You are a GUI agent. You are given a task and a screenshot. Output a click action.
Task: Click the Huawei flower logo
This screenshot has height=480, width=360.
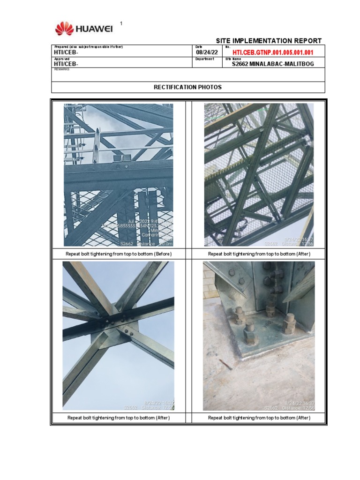(x=64, y=29)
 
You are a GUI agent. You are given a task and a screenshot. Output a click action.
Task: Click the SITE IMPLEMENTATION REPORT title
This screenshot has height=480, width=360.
(x=269, y=41)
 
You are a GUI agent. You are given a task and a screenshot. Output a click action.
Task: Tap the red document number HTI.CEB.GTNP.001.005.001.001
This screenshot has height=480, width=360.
(x=273, y=52)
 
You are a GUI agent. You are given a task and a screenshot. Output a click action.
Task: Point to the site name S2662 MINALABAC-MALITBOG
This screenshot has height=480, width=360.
(x=273, y=64)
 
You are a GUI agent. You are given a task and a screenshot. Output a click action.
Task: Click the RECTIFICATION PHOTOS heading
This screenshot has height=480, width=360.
(x=188, y=87)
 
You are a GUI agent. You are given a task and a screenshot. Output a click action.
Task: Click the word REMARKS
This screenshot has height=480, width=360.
(x=62, y=69)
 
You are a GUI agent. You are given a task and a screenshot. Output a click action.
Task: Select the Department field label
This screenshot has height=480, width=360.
(x=204, y=59)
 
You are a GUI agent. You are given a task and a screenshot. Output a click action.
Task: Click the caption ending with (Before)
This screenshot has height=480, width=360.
(x=118, y=254)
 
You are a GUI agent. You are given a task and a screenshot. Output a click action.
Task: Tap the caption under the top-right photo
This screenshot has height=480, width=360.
(x=259, y=254)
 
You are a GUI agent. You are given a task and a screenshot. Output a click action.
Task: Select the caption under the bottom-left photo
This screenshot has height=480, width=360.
(x=118, y=418)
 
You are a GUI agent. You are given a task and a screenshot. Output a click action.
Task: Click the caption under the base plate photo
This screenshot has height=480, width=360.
(x=259, y=418)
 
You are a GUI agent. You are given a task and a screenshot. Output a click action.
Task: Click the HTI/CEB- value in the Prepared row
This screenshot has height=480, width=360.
(x=66, y=52)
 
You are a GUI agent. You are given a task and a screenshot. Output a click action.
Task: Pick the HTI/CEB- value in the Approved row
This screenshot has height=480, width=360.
(x=66, y=64)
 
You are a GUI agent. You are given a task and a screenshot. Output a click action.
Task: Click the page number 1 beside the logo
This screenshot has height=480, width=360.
(x=121, y=23)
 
